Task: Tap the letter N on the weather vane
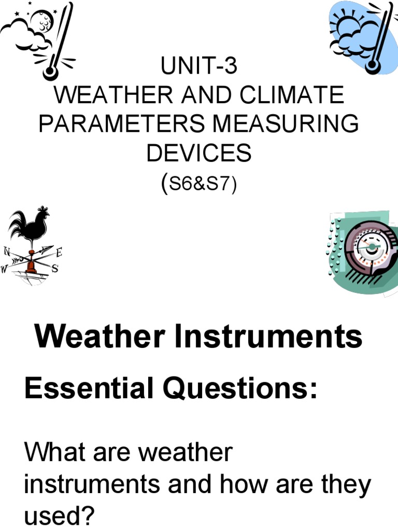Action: [7, 251]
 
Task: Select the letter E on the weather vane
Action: [59, 253]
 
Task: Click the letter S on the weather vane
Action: [54, 269]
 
